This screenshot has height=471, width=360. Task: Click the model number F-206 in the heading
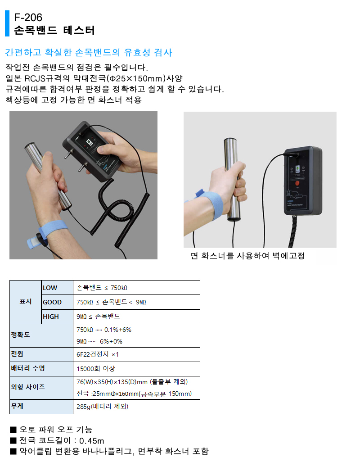pyautogui.click(x=28, y=18)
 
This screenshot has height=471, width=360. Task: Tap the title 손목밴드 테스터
pyautogui.click(x=54, y=31)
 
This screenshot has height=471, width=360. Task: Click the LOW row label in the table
pyautogui.click(x=50, y=288)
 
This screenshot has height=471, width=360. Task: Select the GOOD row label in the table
pyautogui.click(x=52, y=302)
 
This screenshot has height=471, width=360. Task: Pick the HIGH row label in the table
pyautogui.click(x=51, y=317)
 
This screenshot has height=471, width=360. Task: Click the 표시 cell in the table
pyautogui.click(x=26, y=302)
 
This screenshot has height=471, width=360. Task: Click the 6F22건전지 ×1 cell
pyautogui.click(x=98, y=354)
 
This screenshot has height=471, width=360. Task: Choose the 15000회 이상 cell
pyautogui.click(x=96, y=368)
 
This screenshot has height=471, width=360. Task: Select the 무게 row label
pyautogui.click(x=17, y=406)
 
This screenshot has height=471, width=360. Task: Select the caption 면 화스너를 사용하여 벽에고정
pyautogui.click(x=247, y=256)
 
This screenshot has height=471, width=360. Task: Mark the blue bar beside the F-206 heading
pyautogui.click(x=7, y=23)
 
